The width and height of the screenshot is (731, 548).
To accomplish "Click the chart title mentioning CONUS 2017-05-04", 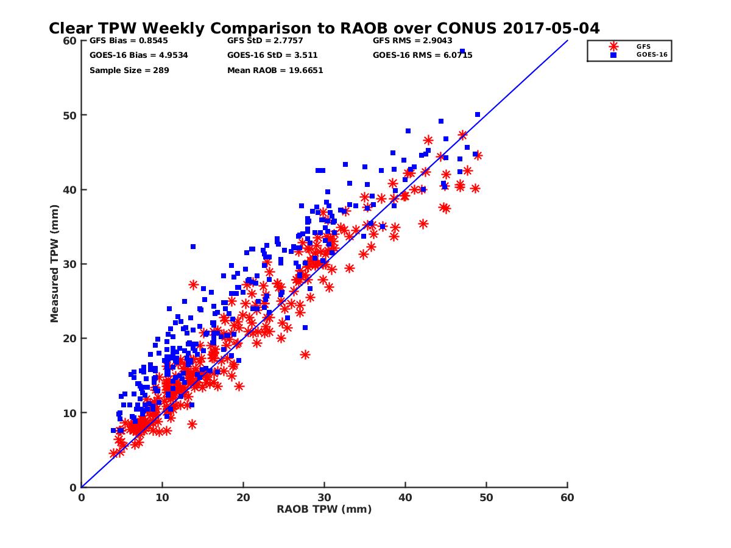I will pos(324,29).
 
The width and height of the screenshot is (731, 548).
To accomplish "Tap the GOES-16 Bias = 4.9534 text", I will pos(130,55).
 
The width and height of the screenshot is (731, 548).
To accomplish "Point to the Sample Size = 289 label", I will pos(129,70).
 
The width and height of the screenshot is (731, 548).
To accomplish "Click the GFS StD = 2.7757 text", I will pos(255,41).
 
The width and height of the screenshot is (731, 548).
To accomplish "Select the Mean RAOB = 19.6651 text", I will pos(275,70).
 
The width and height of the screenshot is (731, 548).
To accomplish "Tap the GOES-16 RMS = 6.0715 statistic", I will pos(422,55).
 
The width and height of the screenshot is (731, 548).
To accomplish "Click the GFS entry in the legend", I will pos(643,46).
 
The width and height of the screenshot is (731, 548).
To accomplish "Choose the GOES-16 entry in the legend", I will pos(647,55).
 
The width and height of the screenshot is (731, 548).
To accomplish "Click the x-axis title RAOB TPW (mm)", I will pos(324,510).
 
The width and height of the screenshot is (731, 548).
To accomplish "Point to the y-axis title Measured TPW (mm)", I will pos(55,264).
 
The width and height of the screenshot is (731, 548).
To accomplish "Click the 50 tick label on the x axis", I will pos(487,497).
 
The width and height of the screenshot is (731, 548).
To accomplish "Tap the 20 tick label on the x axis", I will pos(243,497).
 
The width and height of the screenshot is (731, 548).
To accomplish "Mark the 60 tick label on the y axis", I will pos(70,41).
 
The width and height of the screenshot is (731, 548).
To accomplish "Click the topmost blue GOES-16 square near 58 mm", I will pos(462,51).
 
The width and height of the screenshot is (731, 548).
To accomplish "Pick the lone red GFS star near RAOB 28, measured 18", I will pos(305,354).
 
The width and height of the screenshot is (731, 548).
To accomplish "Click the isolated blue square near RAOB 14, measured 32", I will pos(193,247).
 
